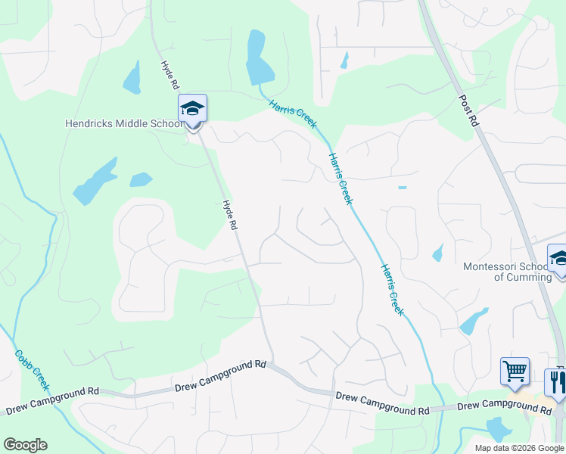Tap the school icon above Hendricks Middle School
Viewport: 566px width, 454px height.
click(192, 108)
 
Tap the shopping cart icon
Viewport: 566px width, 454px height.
click(515, 372)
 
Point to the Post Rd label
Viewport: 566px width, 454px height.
click(469, 110)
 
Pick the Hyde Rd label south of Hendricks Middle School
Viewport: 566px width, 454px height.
click(230, 215)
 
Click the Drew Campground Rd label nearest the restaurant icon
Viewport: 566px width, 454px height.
click(504, 408)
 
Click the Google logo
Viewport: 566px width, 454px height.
click(25, 445)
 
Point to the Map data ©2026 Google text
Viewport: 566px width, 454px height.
click(518, 448)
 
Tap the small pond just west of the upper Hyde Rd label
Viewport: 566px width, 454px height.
click(132, 78)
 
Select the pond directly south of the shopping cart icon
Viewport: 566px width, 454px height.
click(499, 428)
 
